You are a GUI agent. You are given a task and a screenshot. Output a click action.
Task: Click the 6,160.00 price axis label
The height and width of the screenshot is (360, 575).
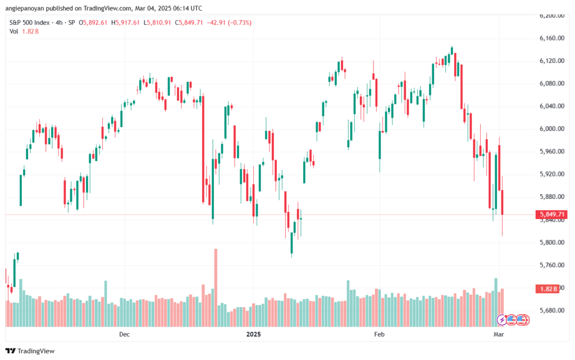tap(552, 38)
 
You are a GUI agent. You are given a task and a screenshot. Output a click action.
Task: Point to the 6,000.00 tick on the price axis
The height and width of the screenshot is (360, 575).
tap(552, 129)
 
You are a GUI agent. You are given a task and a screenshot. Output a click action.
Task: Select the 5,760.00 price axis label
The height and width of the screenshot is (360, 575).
tap(552, 265)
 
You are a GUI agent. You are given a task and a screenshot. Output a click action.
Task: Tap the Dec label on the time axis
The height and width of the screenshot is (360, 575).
tap(124, 334)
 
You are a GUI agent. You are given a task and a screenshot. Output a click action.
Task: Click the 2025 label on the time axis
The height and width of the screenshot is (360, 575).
tap(253, 334)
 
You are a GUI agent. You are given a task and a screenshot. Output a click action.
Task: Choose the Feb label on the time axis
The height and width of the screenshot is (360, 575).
tap(379, 334)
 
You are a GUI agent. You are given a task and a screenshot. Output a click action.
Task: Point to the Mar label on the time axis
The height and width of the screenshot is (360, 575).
tap(499, 334)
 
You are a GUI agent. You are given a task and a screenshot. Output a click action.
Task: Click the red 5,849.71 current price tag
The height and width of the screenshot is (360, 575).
tap(551, 214)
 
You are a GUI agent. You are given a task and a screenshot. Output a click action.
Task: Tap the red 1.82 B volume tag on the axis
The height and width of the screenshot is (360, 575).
tap(548, 289)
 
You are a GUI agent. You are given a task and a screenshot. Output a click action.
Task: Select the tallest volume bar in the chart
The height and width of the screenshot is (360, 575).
tap(216, 288)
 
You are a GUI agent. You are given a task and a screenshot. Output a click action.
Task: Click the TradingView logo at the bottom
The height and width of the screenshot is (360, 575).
tap(30, 351)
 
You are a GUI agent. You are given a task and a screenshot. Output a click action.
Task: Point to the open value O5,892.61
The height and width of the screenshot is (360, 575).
tap(93, 22)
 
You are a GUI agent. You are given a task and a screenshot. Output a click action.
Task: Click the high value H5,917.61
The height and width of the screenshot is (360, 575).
tap(125, 22)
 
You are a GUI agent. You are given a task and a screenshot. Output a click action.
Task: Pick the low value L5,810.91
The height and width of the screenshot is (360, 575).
tap(157, 22)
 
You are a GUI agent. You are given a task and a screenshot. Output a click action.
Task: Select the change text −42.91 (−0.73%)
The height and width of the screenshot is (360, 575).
tap(229, 22)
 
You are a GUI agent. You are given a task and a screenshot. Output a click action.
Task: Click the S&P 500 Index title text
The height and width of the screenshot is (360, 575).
tap(29, 22)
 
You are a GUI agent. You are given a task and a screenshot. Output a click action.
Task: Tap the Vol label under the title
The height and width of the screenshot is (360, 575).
tap(14, 31)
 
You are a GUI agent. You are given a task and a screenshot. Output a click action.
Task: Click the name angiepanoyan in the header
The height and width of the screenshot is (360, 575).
tap(24, 8)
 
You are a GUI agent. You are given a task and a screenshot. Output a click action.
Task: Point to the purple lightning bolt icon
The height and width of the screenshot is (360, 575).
tap(501, 320)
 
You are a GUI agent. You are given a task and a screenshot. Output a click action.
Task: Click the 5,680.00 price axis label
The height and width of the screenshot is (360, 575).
tap(552, 311)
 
